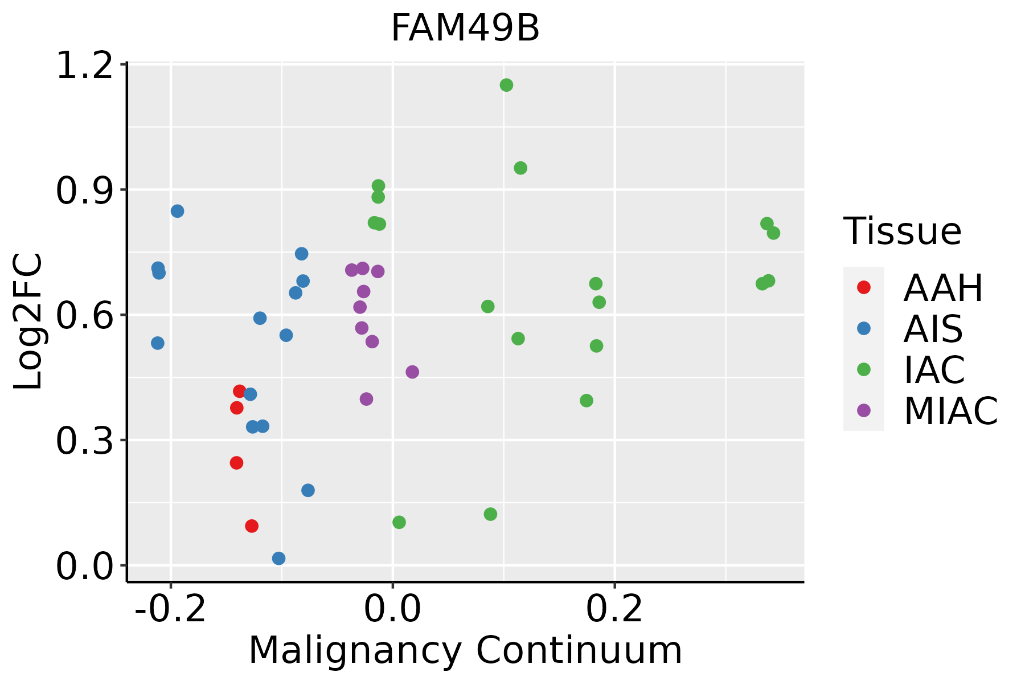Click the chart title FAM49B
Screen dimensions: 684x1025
coord(465,28)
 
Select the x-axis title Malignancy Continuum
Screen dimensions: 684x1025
coord(465,650)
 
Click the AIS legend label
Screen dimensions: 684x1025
coord(933,329)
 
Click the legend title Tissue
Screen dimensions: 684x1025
coord(902,231)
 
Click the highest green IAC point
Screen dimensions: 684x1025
coord(506,85)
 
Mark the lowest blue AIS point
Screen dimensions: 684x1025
coord(278,558)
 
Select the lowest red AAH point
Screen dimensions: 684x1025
coord(252,526)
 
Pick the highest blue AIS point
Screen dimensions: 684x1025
coord(178,211)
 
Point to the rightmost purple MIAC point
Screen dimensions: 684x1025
coord(412,372)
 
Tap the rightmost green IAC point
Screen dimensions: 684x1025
coord(773,233)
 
